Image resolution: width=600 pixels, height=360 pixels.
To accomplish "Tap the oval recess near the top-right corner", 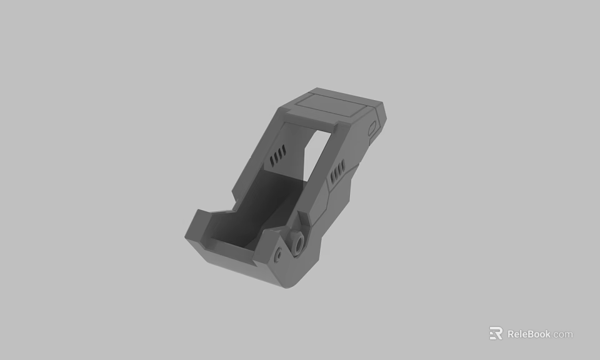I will [372, 128].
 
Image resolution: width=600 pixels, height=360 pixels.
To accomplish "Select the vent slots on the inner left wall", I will [277, 156].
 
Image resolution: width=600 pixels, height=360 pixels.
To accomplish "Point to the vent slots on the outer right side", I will [337, 170].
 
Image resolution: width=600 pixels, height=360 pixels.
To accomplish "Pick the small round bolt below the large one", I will [277, 256].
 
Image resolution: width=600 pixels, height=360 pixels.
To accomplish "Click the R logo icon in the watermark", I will [496, 333].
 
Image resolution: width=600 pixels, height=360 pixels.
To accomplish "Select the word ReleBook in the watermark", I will [529, 334].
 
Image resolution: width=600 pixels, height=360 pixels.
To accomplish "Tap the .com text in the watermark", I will [562, 334].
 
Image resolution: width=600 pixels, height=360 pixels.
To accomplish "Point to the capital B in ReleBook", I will [530, 334].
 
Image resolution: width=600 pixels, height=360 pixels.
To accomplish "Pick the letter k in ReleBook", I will [547, 334].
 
